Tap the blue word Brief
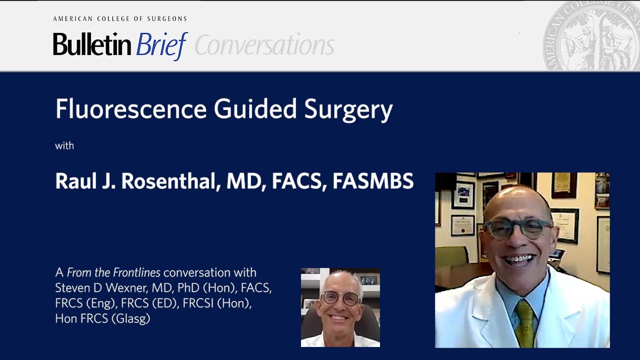[x=161, y=45]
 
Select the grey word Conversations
[x=264, y=45]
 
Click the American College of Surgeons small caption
[x=120, y=19]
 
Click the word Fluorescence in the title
[x=130, y=109]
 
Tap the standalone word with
[x=64, y=146]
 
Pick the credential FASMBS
[x=373, y=181]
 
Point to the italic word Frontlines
[x=136, y=272]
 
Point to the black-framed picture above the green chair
[x=462, y=195]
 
